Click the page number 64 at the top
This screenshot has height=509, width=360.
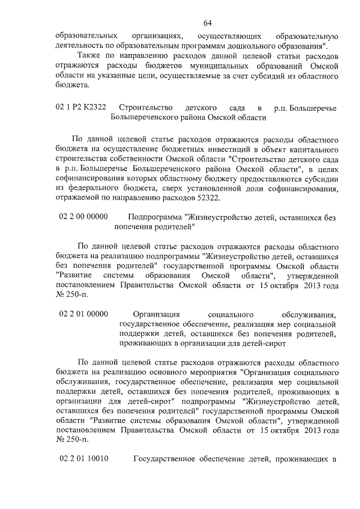pos(207,23)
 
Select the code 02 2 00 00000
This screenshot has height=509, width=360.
pos(83,217)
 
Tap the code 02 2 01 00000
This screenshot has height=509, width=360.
pos(83,314)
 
